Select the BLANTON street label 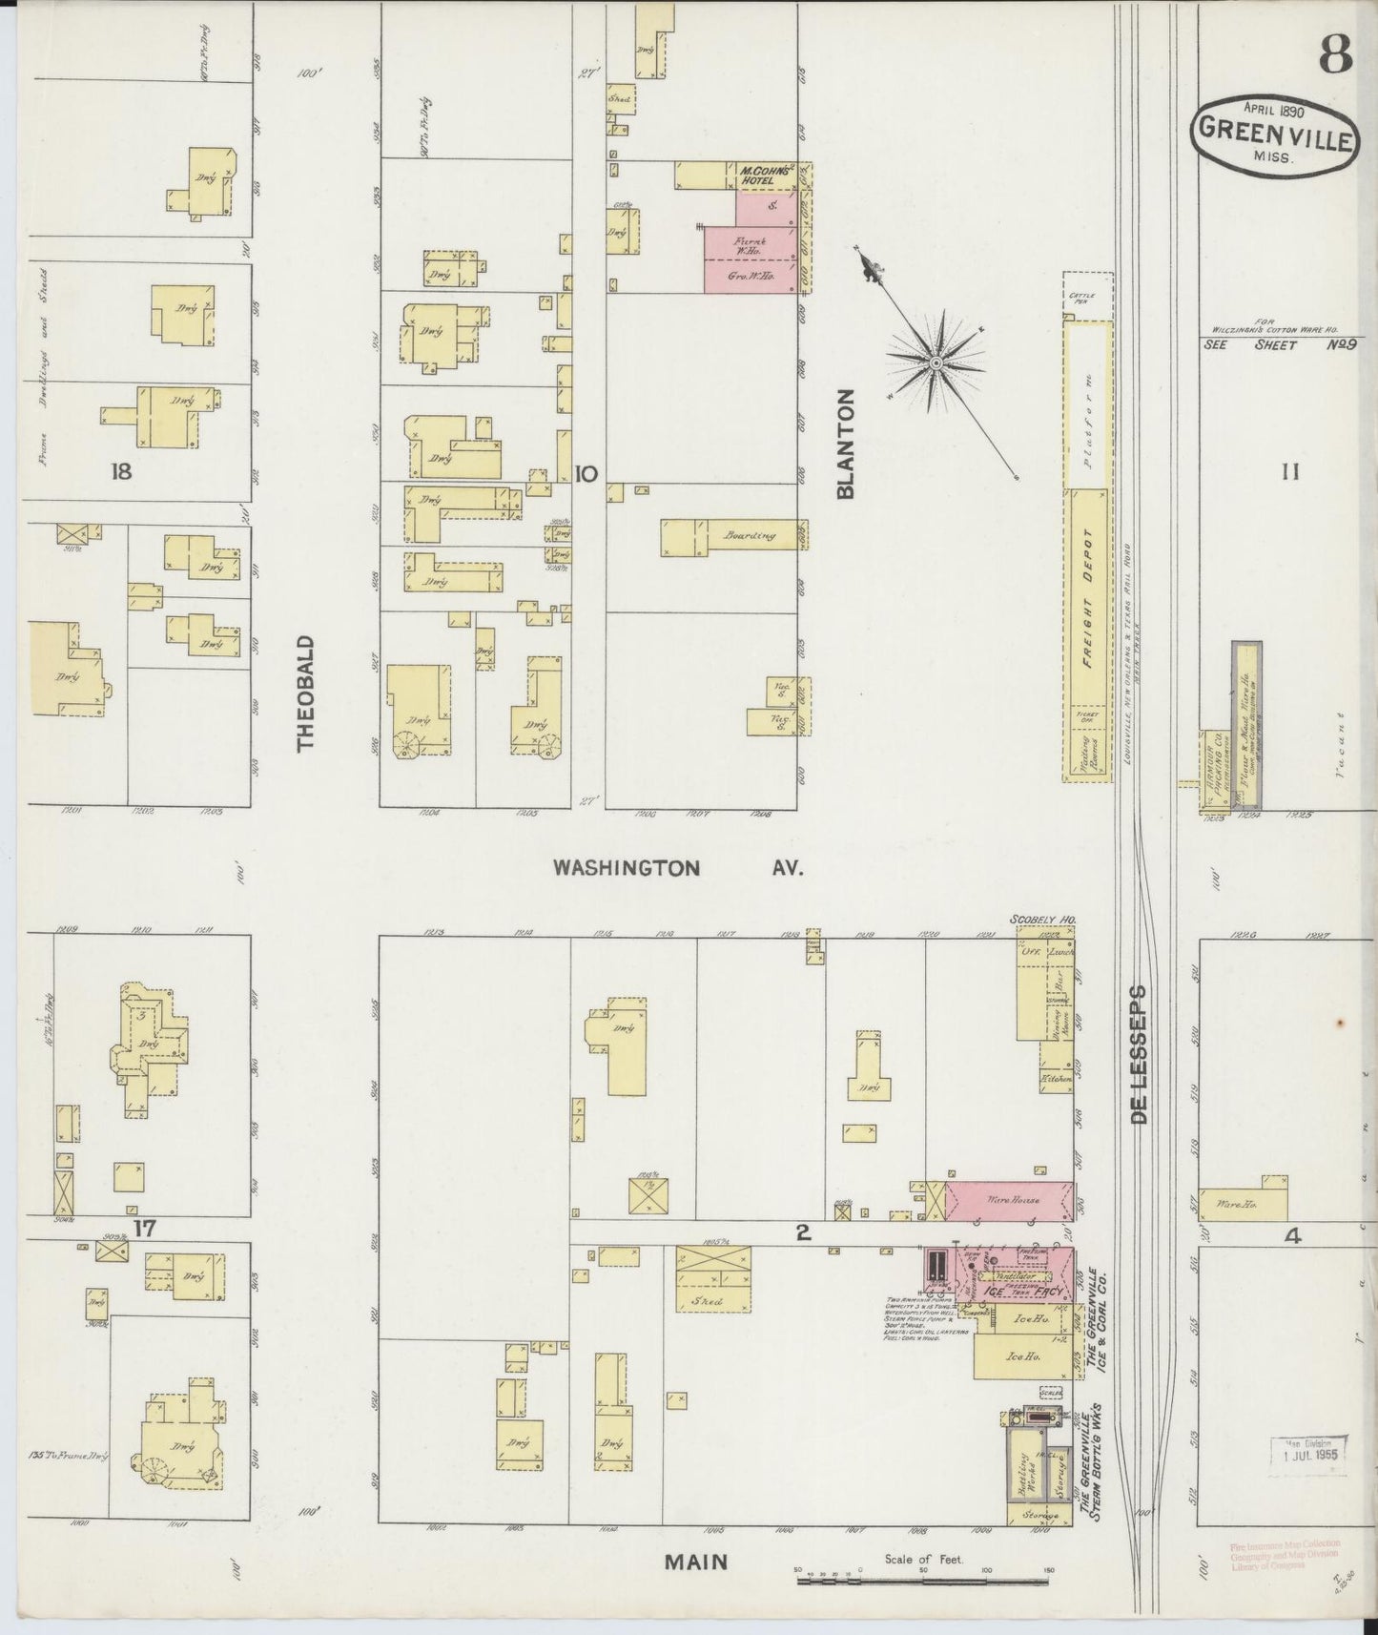click(844, 445)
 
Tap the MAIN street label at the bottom click(696, 1562)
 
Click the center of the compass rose click(936, 362)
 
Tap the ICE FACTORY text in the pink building click(1011, 1291)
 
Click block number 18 click(120, 471)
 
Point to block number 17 click(144, 1228)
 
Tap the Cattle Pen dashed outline click(1087, 298)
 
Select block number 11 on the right click(1289, 470)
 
